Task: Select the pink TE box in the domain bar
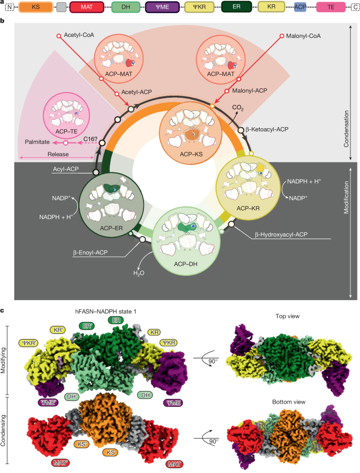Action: pos(330,8)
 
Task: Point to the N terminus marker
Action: pos(9,8)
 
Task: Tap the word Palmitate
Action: pos(38,142)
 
